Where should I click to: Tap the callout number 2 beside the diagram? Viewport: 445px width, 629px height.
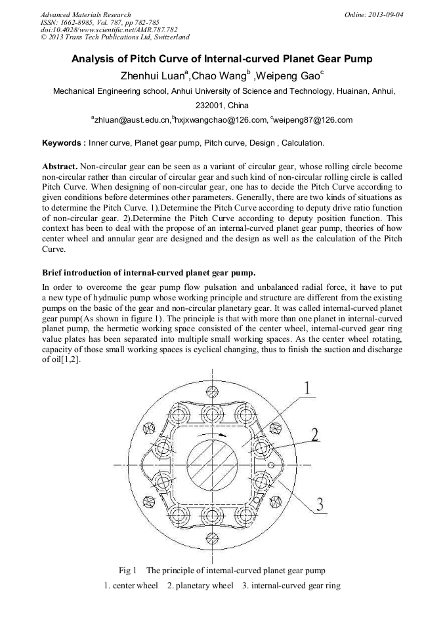tap(315, 434)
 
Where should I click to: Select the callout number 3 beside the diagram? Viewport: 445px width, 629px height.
tap(320, 504)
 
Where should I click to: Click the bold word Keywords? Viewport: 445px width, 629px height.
tap(63, 142)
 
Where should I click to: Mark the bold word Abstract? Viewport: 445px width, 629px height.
tap(59, 167)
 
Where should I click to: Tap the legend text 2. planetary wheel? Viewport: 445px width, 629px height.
tap(200, 585)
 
